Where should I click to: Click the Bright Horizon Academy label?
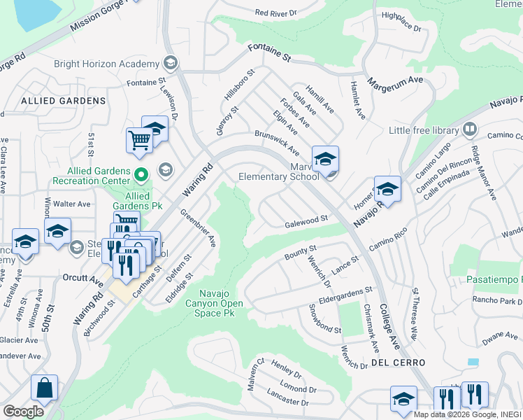click(107, 64)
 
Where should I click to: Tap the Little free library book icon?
click(469, 129)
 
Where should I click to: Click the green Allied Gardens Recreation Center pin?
click(141, 174)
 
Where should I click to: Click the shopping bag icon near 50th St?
click(44, 387)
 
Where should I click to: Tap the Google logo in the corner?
click(23, 411)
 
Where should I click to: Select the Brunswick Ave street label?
click(277, 143)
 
